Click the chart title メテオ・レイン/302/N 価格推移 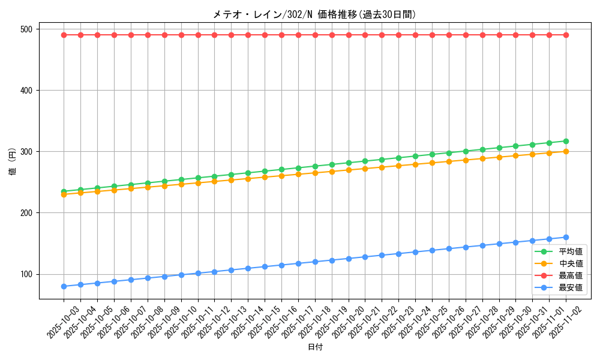(x=314, y=14)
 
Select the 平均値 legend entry (x=570, y=251)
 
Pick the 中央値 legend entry (x=570, y=263)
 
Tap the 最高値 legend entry (x=570, y=275)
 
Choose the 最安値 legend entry (x=570, y=287)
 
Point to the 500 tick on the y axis (x=28, y=29)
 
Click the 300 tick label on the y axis (x=28, y=152)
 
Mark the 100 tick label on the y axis (x=28, y=274)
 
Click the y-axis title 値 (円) (x=13, y=164)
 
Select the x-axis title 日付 (x=315, y=347)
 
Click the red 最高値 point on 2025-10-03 (x=64, y=35)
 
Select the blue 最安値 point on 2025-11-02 (x=566, y=237)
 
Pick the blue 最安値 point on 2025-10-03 (x=64, y=286)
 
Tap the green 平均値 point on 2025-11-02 (x=566, y=141)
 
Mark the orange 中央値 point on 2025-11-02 (x=566, y=151)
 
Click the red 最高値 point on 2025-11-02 (x=566, y=35)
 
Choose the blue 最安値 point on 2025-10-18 (x=315, y=262)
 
